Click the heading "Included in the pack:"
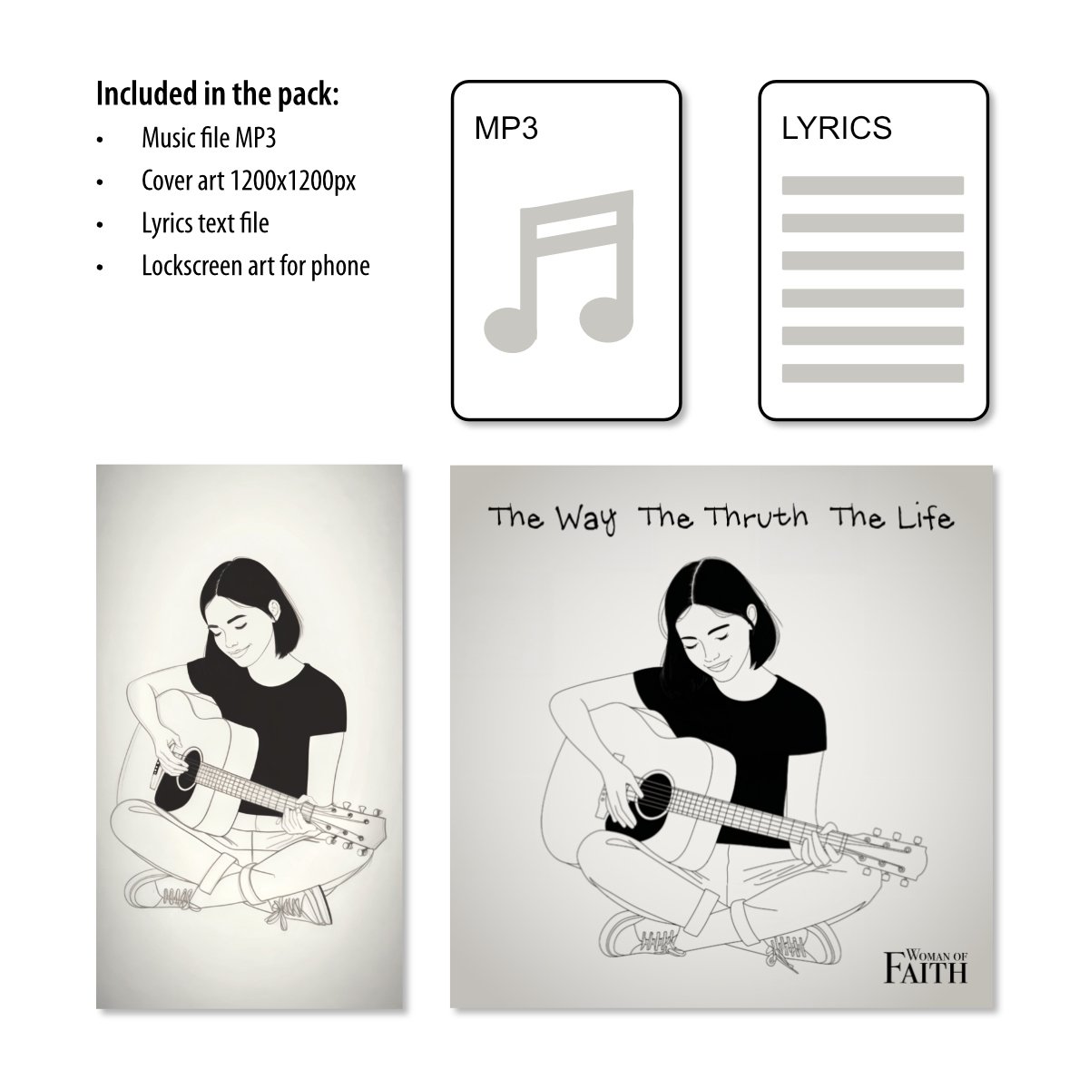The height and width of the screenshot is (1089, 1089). pyautogui.click(x=218, y=93)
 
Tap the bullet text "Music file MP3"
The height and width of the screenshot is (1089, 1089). pyautogui.click(x=209, y=138)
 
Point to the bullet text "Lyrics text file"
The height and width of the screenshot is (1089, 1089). pyautogui.click(x=205, y=223)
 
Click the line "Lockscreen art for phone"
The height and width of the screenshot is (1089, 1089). pyautogui.click(x=255, y=266)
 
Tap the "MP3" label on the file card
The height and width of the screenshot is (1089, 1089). pyautogui.click(x=505, y=128)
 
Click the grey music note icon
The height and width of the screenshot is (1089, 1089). pyautogui.click(x=559, y=271)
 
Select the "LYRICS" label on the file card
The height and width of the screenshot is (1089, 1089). pyautogui.click(x=837, y=128)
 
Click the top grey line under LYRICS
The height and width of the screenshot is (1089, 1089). pyautogui.click(x=872, y=185)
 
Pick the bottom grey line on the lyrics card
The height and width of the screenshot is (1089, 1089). pyautogui.click(x=872, y=373)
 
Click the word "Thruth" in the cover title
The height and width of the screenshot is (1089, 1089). pyautogui.click(x=758, y=517)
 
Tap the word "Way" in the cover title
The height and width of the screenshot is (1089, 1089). pyautogui.click(x=585, y=519)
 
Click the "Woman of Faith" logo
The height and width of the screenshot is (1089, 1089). pyautogui.click(x=927, y=966)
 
